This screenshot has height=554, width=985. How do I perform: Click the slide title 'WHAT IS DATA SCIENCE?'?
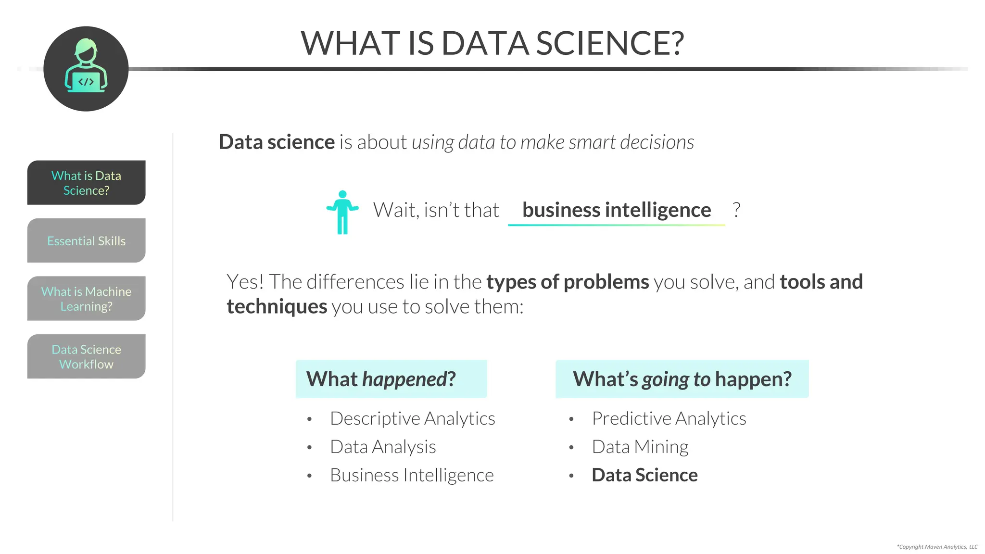pos(492,43)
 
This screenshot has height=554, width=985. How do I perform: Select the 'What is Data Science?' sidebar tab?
pos(87,183)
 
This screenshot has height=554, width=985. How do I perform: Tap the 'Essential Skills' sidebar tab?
pos(87,240)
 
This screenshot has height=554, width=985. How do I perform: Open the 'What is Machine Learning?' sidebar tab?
pos(87,299)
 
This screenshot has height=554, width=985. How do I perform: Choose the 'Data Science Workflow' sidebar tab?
pos(87,356)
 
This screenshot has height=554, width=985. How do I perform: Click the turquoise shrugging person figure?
pos(342,212)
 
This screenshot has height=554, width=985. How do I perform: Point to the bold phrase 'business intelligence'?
pos(617,210)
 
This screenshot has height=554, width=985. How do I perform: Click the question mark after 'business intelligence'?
pos(736,210)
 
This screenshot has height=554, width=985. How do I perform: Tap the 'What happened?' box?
pos(391,379)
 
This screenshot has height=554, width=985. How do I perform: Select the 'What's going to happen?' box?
pos(682,379)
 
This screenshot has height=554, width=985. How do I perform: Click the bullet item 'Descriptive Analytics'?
pos(412,418)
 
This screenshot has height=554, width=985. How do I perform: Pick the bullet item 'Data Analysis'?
pos(383,447)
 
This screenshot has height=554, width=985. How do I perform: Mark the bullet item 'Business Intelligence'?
pos(412,475)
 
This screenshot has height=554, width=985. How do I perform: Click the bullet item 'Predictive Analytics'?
pos(669,418)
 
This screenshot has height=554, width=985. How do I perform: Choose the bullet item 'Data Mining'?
pos(640,447)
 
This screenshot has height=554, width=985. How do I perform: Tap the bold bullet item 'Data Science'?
pos(644,475)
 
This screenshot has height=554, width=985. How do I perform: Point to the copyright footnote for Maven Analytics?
pos(937,547)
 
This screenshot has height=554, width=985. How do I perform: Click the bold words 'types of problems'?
pos(568,282)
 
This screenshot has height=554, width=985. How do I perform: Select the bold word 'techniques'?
pos(277,306)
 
